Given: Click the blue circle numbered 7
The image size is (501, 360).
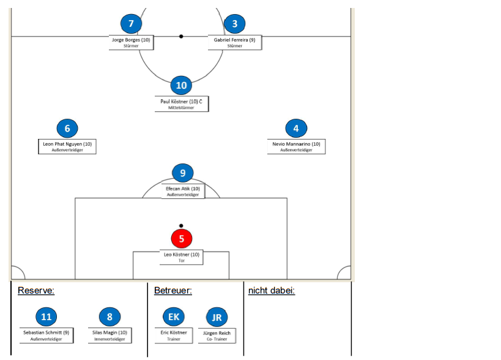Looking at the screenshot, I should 131,24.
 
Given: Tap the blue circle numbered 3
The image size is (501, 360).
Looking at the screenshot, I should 234,24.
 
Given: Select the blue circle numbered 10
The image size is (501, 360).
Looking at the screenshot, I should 181,85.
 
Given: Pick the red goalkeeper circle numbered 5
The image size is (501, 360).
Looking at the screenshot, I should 182,238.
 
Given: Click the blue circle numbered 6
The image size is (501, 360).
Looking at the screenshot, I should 67,129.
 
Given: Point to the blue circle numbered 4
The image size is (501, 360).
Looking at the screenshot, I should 296,129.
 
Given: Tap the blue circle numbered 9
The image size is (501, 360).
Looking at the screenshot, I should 182,173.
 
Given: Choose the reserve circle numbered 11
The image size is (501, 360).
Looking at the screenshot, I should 46,317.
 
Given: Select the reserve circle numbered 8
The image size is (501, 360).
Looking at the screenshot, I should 110,317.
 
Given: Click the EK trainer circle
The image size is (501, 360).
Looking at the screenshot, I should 174,317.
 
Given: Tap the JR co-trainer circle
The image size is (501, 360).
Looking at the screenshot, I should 217,317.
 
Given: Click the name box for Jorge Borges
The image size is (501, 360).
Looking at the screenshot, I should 131,42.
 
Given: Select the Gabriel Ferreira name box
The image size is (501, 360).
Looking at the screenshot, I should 235,42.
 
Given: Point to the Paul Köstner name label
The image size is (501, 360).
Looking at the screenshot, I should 181,103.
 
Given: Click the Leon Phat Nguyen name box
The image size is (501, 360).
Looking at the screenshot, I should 67,146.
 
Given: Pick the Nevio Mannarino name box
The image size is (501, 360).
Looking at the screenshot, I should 296,146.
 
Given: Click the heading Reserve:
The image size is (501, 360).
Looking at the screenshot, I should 36,290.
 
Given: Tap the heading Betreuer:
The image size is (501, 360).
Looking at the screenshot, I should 173,290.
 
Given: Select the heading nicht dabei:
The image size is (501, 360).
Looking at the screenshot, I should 272,290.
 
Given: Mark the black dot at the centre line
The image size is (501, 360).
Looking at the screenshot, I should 181,36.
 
